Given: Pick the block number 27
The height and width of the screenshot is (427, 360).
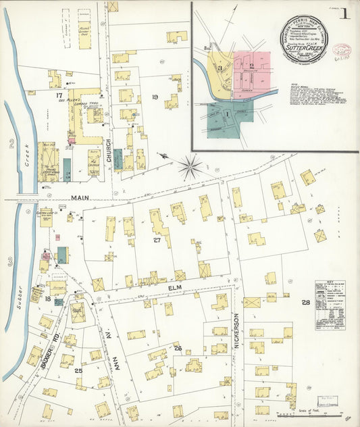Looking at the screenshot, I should tap(157, 239).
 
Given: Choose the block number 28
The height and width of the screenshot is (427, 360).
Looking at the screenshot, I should tap(305, 302).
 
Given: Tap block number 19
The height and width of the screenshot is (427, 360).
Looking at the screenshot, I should tap(155, 97).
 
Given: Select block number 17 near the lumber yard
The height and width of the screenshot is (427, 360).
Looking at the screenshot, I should tap(59, 97).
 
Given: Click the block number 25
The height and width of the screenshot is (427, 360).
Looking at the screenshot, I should tap(78, 370).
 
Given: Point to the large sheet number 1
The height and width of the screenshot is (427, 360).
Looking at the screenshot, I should tap(345, 14).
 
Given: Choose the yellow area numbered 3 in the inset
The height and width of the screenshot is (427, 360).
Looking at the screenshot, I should tap(220, 68).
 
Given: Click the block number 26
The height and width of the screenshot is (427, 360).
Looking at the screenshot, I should tap(178, 349).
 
